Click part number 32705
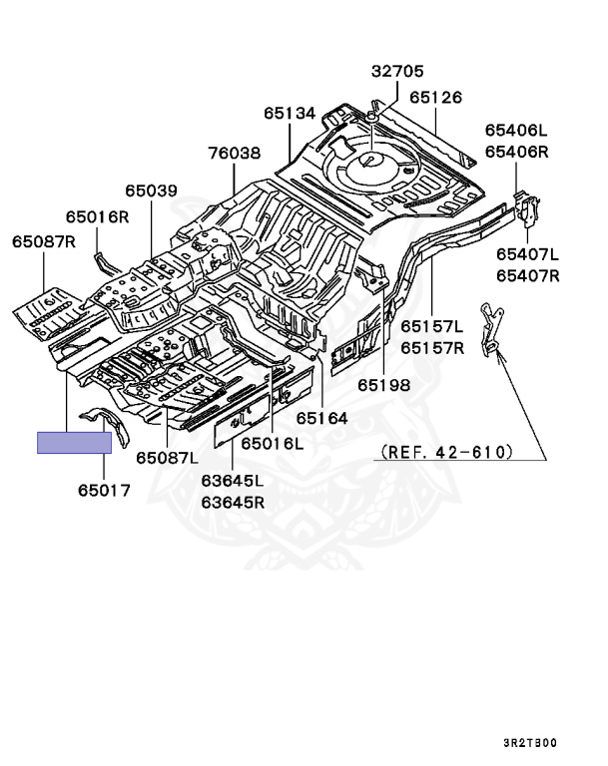click(397, 71)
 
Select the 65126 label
click(435, 98)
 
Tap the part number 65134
click(290, 114)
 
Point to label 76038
click(234, 154)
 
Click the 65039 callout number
click(151, 190)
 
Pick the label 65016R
click(98, 216)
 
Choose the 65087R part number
click(44, 241)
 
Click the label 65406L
click(517, 130)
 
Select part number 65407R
click(528, 275)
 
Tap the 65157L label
click(432, 326)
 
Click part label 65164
click(321, 419)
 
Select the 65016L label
click(271, 444)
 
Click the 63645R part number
click(233, 502)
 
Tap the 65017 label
click(105, 491)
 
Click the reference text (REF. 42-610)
click(446, 452)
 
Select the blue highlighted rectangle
click(74, 442)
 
